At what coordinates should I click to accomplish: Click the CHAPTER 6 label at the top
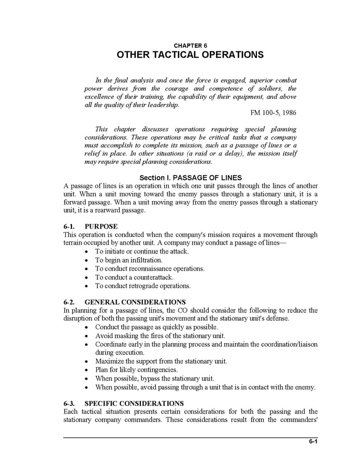(191, 46)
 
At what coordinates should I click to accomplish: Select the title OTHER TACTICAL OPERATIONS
(190, 55)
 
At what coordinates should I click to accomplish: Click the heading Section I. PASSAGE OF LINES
(191, 178)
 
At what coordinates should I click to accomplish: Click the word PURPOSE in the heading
(101, 227)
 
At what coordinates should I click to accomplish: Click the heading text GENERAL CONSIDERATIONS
(135, 302)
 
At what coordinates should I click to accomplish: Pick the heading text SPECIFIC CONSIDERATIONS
(134, 403)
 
